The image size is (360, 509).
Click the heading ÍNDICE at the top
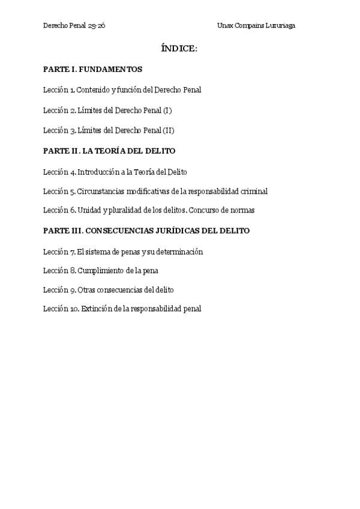(x=179, y=49)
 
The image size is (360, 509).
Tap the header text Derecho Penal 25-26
(x=74, y=26)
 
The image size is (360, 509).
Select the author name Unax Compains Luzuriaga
(x=256, y=26)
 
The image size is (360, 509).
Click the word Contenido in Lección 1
(x=92, y=90)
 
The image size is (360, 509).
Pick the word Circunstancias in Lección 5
(x=101, y=191)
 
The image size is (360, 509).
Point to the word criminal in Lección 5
(x=254, y=191)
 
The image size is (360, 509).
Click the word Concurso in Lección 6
(x=206, y=210)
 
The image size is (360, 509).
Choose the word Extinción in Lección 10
(x=95, y=309)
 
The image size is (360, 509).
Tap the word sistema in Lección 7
(x=96, y=252)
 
